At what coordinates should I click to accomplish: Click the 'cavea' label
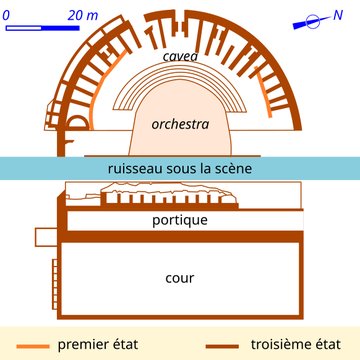[180, 57]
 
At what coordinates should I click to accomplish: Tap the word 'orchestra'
[179, 126]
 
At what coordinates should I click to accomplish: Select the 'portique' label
[179, 219]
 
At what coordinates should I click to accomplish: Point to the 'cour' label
[180, 277]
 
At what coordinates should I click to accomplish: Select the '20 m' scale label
[77, 15]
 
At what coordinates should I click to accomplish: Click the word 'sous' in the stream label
[183, 169]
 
